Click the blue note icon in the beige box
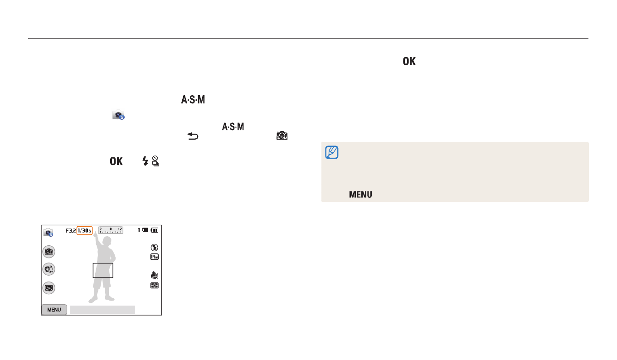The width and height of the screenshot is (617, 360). point(332,152)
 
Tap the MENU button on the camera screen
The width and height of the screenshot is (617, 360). point(54,310)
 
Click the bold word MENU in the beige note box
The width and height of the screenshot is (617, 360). point(360,195)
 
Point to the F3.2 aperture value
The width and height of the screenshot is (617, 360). point(71,230)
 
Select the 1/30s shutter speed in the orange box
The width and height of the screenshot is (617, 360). point(84,230)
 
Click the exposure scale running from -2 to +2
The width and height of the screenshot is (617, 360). point(111,230)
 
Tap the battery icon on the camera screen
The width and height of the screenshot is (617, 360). point(155,230)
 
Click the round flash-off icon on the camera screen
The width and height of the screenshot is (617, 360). point(154,248)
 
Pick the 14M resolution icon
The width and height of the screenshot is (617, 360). point(154,257)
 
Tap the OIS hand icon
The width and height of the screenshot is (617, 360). point(154,275)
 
